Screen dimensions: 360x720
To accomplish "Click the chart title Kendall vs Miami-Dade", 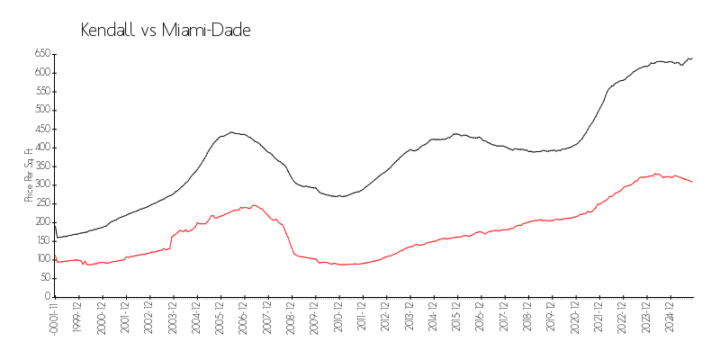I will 166,31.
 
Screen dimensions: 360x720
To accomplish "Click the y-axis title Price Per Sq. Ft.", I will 29,174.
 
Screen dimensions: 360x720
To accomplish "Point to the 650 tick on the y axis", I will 41,54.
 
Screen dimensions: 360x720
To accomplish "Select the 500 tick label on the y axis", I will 41,110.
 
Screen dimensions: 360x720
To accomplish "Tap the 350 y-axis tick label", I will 41,166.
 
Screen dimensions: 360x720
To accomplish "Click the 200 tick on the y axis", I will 41,222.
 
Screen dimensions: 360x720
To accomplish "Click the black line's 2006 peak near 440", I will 231,132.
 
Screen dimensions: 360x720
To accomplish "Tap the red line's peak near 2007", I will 254,205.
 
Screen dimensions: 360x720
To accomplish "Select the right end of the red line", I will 692,183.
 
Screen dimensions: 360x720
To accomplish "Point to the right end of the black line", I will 692,58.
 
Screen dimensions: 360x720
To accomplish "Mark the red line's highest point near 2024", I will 657,174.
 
